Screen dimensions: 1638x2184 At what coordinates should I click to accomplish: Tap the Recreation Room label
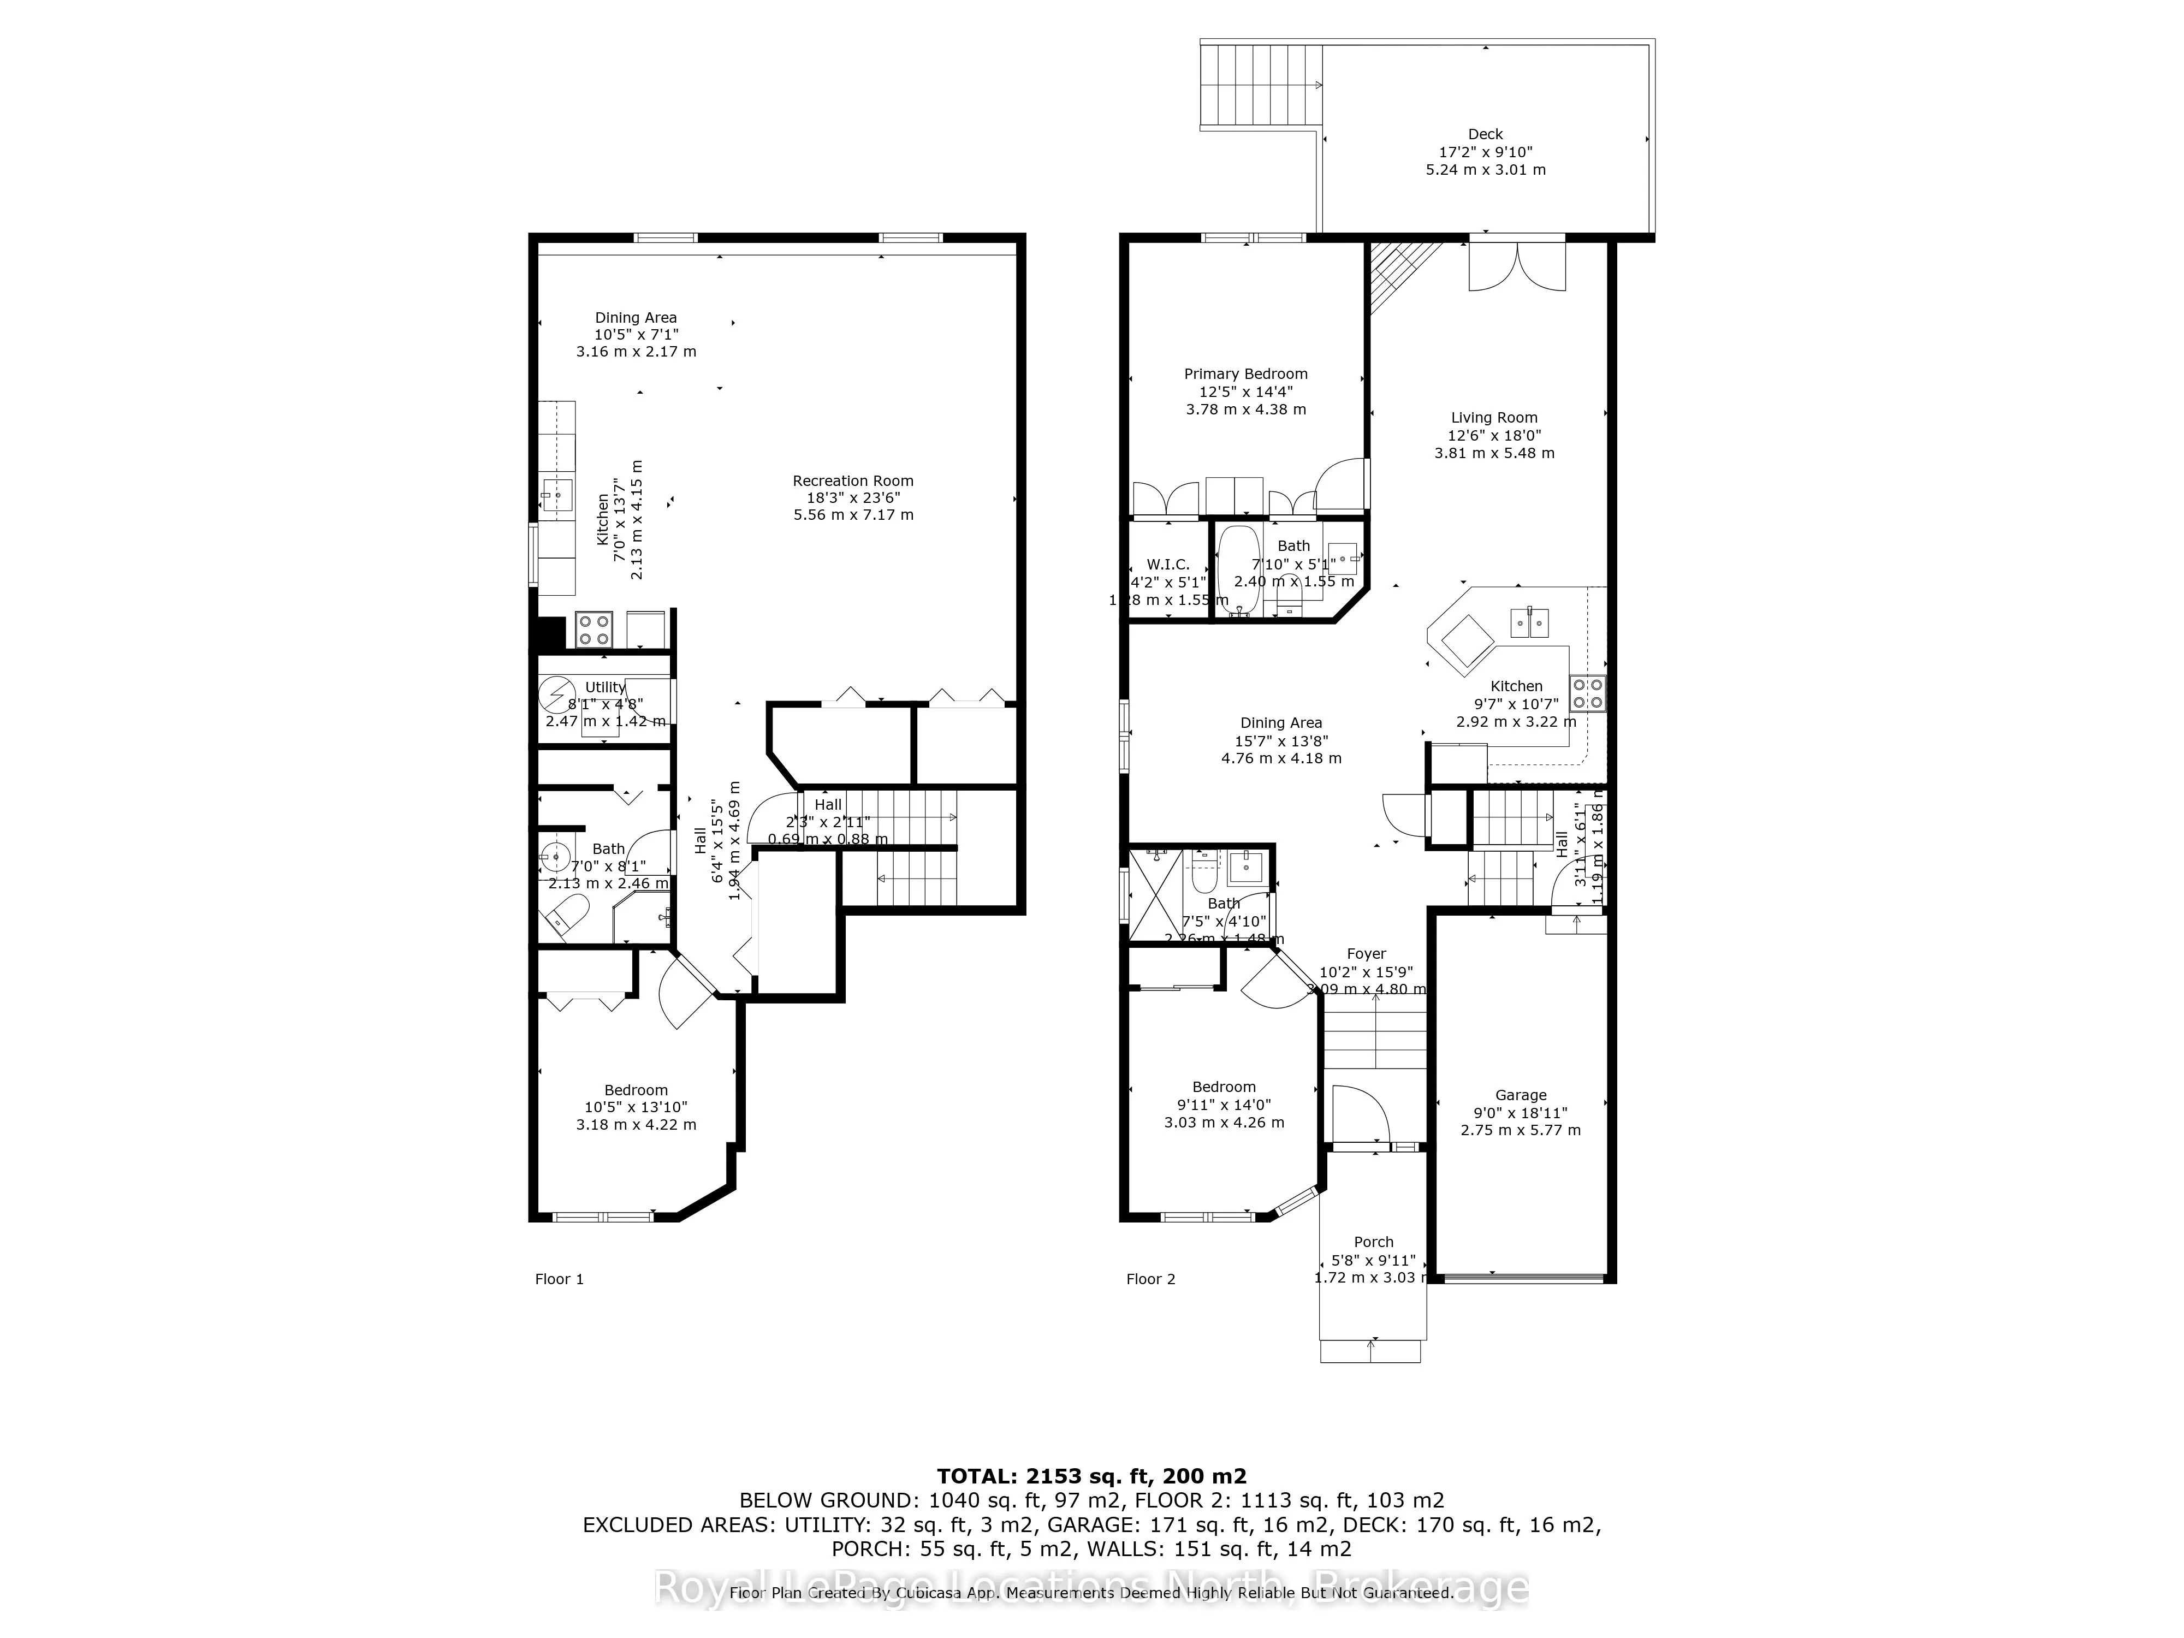853,481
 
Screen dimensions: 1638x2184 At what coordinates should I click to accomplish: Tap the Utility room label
604,687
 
